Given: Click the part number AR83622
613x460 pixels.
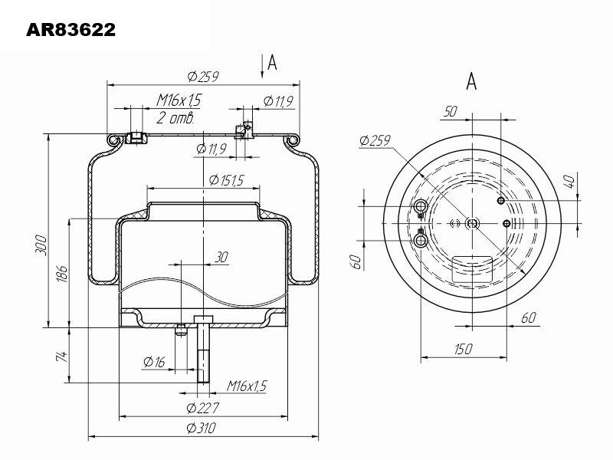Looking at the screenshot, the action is pos(70,30).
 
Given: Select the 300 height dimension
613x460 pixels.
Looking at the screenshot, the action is pos(41,245).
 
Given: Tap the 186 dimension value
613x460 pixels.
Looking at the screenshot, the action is pos(62,274).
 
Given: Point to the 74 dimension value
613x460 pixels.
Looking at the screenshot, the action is pos(62,356).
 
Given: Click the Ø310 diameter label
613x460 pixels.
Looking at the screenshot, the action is pos(202,428).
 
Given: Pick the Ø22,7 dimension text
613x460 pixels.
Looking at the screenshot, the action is pos(202,409).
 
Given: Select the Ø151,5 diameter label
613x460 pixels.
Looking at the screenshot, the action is pos(226,180).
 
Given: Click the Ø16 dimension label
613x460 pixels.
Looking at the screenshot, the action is pos(155,362).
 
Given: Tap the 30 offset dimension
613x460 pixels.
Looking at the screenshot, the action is pos(221,258).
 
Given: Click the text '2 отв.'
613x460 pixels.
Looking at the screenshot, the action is pos(175,117).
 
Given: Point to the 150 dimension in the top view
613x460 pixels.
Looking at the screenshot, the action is pos(464,349).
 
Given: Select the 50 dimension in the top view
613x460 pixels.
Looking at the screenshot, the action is pos(451,111).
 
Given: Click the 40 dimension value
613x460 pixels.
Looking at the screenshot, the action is pos(571,182).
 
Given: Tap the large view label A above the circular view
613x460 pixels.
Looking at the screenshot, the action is pos(471,81).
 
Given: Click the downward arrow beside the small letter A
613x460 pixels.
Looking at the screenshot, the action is pos(262,67).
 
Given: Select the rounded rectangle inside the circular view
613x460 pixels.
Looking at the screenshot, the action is pos(472,270).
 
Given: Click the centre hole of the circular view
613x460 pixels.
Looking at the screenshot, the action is pos(473,223).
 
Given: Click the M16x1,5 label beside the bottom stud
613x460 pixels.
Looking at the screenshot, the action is pos(247,386).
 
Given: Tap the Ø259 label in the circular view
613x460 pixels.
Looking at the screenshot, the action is pos(375,140).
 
